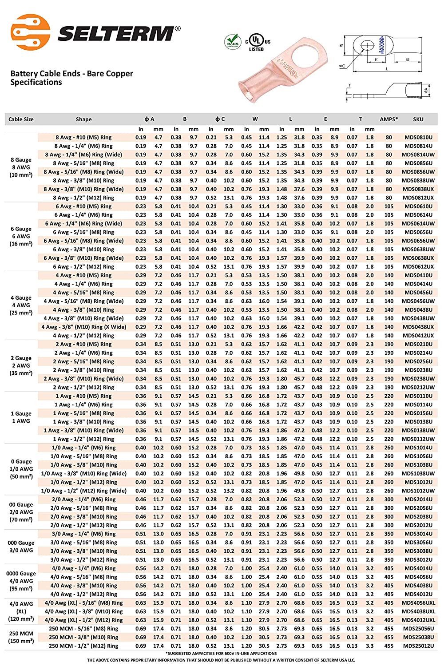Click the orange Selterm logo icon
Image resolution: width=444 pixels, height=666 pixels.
[30, 32]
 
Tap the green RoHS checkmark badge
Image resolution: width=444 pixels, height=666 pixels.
[233, 42]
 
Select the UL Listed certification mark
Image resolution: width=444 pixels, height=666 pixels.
[257, 42]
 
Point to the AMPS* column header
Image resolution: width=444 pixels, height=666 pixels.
[388, 119]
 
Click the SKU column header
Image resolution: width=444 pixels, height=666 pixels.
[418, 119]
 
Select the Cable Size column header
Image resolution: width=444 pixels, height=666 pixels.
[21, 119]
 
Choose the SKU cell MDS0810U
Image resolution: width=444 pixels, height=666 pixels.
[418, 137]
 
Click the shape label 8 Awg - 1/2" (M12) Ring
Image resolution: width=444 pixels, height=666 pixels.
[83, 198]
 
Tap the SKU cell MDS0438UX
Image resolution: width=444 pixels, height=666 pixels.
[418, 327]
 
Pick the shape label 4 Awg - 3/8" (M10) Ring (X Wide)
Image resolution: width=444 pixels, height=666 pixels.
[83, 327]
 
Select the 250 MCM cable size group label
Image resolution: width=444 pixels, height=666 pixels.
[21, 634]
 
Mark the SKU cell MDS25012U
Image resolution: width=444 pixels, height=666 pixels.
[418, 646]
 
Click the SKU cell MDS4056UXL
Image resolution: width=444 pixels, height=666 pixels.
[418, 603]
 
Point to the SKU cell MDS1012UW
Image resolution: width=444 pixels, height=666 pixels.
[418, 491]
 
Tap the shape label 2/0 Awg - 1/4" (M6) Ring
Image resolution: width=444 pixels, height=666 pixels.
[83, 499]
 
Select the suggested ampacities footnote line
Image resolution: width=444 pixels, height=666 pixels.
[221, 653]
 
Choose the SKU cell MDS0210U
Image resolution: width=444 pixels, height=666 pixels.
[418, 344]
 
